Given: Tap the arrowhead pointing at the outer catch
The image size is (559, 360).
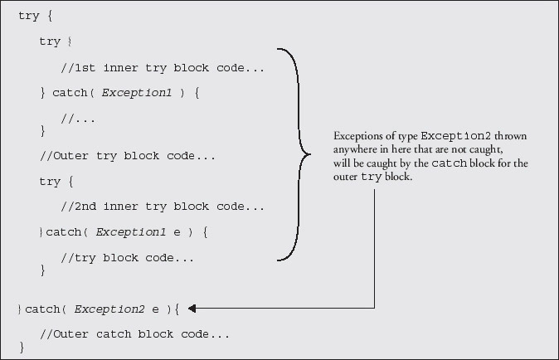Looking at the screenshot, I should [x=192, y=309].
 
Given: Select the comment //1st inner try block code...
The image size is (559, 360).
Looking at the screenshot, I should [x=163, y=67].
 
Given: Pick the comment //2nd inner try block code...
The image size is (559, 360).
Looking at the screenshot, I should [x=163, y=207].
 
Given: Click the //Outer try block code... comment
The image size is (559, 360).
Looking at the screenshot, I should [x=128, y=155].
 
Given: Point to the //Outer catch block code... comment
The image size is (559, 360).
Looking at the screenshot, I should [x=134, y=334].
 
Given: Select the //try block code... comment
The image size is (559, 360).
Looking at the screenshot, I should [x=128, y=258].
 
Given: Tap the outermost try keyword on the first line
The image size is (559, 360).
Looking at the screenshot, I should [x=28, y=16].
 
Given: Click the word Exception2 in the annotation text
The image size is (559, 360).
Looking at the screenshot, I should [x=458, y=136].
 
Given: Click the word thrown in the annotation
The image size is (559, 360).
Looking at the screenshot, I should [x=511, y=136].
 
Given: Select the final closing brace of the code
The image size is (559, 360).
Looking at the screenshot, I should [x=22, y=348].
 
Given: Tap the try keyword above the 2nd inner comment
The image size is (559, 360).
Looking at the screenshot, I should [x=50, y=181].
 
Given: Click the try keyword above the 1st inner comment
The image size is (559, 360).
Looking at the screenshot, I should [x=50, y=41].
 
